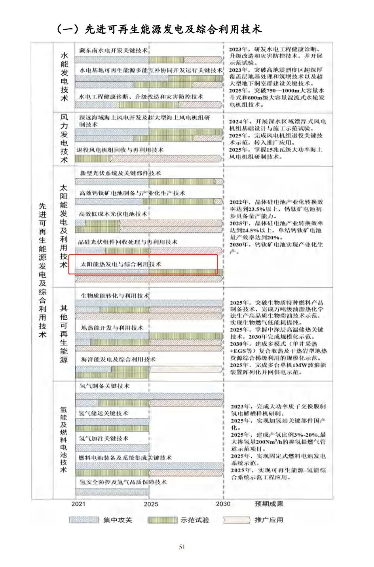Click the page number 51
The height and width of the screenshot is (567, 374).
point(182,547)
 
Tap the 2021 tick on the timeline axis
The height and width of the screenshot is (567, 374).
point(78,504)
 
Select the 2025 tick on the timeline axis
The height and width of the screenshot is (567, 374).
point(151,504)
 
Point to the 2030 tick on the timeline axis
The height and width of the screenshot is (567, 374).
point(223,504)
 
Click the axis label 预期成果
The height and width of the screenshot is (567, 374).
point(269,504)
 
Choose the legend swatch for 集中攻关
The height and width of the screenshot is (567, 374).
point(84,520)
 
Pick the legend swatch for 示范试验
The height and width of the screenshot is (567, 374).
point(162,520)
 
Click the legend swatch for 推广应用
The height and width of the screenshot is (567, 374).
point(237,520)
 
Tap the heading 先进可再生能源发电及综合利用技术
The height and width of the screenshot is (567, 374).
point(159,29)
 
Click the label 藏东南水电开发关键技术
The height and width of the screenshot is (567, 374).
point(114,50)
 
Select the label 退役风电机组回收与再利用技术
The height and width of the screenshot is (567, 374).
point(120,150)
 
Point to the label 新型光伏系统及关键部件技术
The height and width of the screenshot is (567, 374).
point(120,173)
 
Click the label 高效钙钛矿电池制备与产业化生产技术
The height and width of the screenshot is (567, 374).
point(132,193)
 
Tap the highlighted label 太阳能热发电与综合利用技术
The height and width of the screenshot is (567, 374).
point(121,264)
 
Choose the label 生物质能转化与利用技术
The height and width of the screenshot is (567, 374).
point(115,296)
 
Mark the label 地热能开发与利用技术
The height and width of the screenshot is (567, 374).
point(112,328)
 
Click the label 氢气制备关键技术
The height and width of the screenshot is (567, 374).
point(104,386)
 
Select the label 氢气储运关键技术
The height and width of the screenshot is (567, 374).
point(103,413)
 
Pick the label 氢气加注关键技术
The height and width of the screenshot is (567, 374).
point(103,438)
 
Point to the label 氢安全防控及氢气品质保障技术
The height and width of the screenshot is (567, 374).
point(123,482)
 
